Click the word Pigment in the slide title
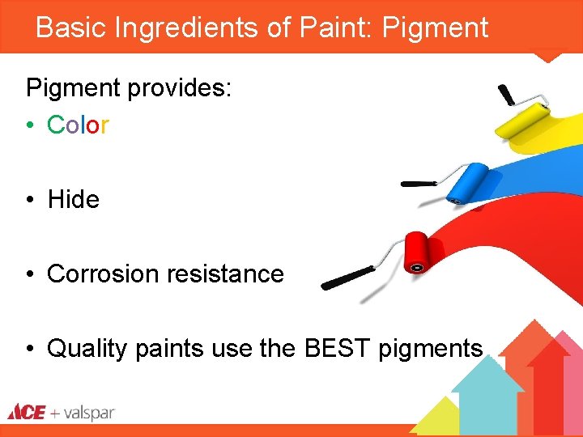[x=435, y=28]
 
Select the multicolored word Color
[x=78, y=125]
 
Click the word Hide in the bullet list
[x=73, y=199]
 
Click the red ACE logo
[x=26, y=412]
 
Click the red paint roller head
[x=418, y=252]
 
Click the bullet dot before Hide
[x=28, y=200]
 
